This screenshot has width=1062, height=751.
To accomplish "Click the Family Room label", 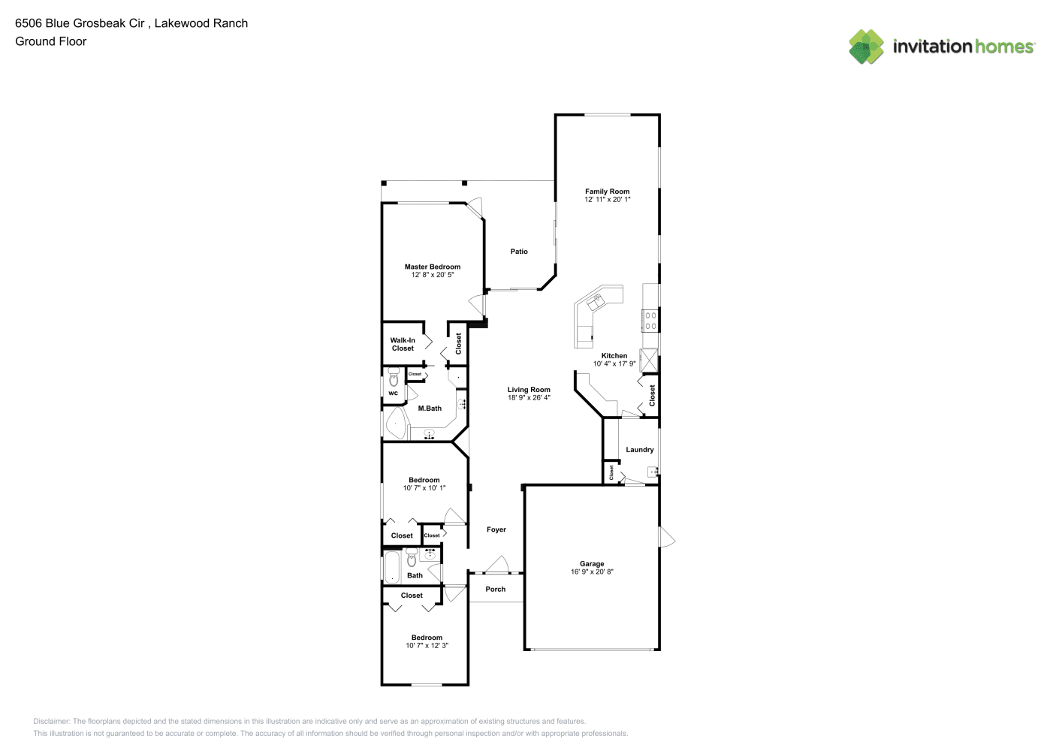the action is click(x=607, y=192).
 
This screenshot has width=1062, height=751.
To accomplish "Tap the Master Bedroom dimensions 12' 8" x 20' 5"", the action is click(x=433, y=275).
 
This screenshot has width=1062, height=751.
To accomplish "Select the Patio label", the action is click(x=519, y=252).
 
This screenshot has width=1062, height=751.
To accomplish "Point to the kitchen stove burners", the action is click(x=650, y=320).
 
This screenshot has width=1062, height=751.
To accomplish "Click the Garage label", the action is click(x=592, y=564).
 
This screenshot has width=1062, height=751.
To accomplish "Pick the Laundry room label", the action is click(x=640, y=449).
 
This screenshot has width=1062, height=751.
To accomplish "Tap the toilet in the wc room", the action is click(x=394, y=378).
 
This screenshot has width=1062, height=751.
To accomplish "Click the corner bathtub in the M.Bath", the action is click(x=396, y=424).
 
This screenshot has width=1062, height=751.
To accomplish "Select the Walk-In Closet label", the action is click(x=403, y=344).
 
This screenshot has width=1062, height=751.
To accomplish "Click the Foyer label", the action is click(x=496, y=529).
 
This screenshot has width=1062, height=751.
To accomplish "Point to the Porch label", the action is click(x=496, y=589).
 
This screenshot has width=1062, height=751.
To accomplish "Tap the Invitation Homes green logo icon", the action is click(x=866, y=47).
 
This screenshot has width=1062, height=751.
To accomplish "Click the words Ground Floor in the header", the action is click(x=51, y=41).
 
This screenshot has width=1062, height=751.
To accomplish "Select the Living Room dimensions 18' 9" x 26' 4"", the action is click(x=529, y=398).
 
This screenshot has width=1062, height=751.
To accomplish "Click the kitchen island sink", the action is click(x=595, y=300).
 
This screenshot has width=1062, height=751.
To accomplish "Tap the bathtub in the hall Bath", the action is click(x=392, y=567).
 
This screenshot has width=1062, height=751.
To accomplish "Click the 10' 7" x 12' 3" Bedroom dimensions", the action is click(x=427, y=645).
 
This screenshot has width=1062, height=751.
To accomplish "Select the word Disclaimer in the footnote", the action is click(x=52, y=721).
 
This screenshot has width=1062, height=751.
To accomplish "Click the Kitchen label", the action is click(x=614, y=355).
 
